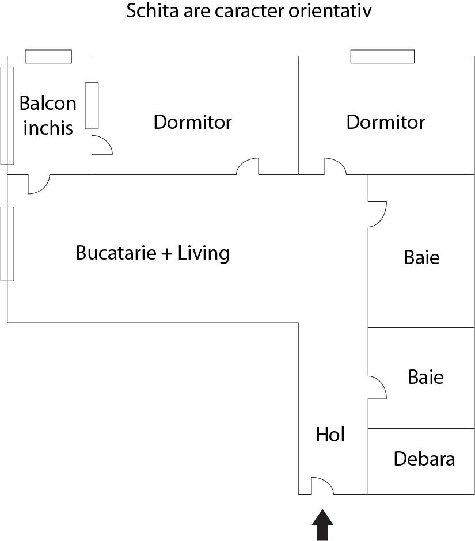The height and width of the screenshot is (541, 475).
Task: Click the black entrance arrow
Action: (x=322, y=525)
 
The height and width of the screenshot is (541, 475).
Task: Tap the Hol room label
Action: (x=330, y=435)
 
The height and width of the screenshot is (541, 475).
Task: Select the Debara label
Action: (x=424, y=459)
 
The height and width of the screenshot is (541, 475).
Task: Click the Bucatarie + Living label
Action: (x=153, y=253)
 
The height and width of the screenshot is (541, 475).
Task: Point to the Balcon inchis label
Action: (x=48, y=115)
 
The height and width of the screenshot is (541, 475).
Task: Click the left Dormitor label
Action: (x=193, y=122)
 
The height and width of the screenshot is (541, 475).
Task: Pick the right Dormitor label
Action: (x=386, y=122)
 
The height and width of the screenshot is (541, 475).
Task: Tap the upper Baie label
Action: (x=422, y=257)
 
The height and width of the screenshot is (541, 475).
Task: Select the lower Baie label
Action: (x=426, y=377)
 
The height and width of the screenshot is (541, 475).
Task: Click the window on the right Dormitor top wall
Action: (x=382, y=56)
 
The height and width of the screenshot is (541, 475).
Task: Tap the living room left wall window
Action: (x=7, y=244)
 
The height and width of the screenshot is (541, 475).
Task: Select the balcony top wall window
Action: (x=48, y=56)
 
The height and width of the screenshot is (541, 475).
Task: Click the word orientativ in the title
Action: (x=330, y=11)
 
